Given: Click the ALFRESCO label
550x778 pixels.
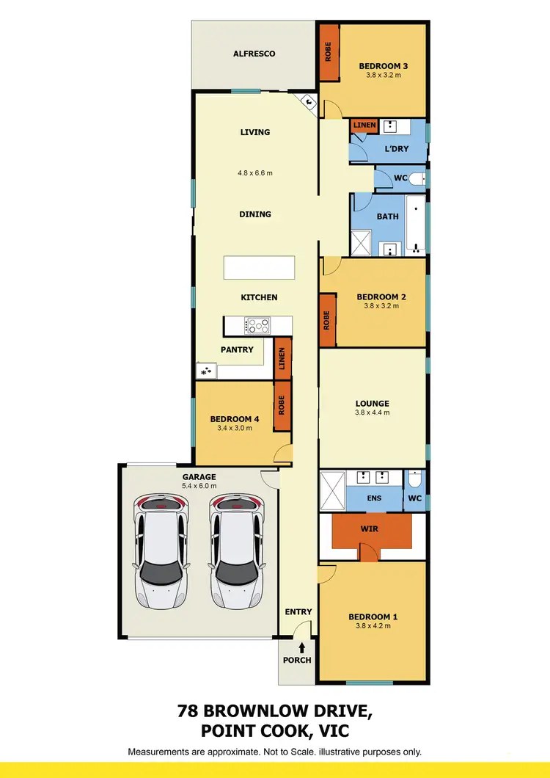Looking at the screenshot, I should pos(254,54).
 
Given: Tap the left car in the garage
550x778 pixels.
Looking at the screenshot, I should pos(160,551).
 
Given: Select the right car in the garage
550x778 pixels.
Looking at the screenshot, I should pos(236,551).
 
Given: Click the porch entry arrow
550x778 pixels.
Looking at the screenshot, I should pos(302,647).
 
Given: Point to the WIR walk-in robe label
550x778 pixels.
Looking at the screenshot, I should pos(369,528).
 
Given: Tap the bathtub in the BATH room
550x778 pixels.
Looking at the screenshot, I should pos(415,223).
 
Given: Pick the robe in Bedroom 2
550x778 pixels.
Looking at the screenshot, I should pos(327,319).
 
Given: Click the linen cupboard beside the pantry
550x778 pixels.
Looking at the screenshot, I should pos(282,358).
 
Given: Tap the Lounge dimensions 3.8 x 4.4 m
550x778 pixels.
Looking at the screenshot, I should pos(373,412).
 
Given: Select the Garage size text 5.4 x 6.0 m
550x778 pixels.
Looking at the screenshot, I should pos(199,486).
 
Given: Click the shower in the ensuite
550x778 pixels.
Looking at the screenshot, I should pos(332,490).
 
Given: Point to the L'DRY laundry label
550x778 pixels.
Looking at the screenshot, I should pos(397,149).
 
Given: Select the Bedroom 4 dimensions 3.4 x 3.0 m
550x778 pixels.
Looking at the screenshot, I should pos(235,427).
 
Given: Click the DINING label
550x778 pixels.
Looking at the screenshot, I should pos(254,214).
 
